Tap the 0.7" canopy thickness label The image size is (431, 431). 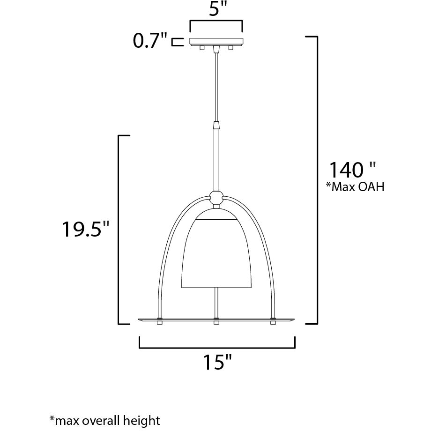point(150,42)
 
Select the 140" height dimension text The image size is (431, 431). point(352,170)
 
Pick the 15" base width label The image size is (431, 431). point(217,363)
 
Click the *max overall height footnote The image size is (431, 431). point(104,420)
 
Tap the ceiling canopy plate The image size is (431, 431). point(216,41)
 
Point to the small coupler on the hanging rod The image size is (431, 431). point(216,126)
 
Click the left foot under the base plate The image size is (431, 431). point(160,323)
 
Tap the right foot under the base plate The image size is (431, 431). point(273,323)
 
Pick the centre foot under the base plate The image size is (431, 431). point(216,323)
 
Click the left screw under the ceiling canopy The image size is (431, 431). point(202,48)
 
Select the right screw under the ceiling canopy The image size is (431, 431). point(230,48)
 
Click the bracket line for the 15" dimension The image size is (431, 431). point(217,348)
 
